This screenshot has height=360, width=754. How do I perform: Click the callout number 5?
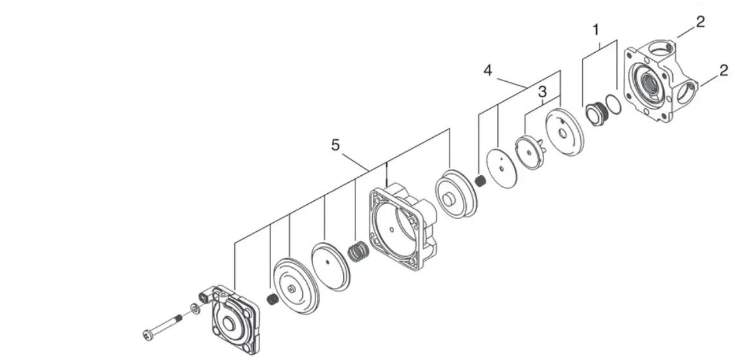[x=335, y=145]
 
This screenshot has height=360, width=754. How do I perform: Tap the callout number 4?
[x=488, y=70]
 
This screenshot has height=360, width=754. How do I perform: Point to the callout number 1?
[x=596, y=30]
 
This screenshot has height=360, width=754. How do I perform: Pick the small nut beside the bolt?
[x=195, y=308]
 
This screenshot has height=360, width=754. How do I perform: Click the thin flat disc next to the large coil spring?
[x=332, y=266]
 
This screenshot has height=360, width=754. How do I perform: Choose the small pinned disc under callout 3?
[x=531, y=152]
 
